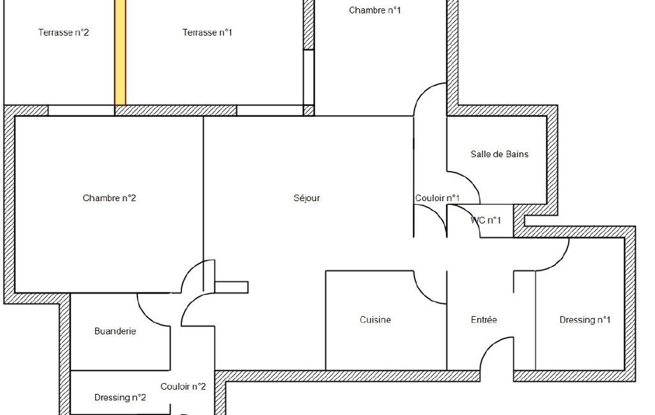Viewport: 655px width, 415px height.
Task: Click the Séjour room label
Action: (307, 198)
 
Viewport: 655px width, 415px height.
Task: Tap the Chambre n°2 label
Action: (109, 198)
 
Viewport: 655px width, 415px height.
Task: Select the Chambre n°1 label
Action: (374, 10)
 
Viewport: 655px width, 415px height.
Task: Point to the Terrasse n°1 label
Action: (207, 32)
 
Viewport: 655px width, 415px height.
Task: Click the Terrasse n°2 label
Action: (63, 32)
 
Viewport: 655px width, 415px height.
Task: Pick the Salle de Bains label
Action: (500, 154)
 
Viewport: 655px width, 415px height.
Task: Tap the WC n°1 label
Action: (486, 220)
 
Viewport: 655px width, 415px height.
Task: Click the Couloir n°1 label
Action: (437, 198)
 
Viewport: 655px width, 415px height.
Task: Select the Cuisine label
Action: (376, 320)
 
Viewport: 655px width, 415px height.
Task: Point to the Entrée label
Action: (484, 320)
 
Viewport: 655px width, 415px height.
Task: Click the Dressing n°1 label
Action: (585, 320)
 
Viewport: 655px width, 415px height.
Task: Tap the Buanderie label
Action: (115, 331)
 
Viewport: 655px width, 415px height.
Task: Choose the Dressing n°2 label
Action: (120, 398)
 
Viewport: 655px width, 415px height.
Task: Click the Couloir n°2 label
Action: (183, 387)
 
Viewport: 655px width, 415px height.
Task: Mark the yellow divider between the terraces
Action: (120, 52)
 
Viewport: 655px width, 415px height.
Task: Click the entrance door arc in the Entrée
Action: (489, 347)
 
